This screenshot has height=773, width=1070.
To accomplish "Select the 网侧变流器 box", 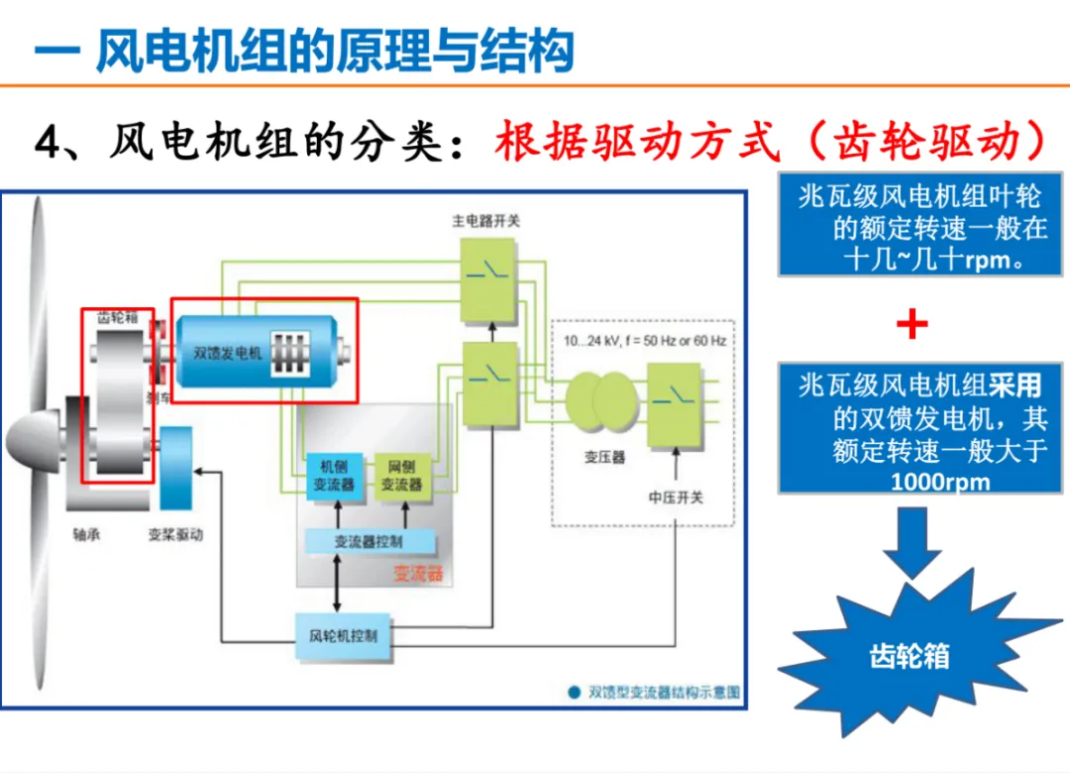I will coord(401,476).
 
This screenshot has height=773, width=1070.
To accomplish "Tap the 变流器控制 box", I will coord(369,542).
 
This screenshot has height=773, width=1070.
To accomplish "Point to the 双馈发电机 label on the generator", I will coord(228,352).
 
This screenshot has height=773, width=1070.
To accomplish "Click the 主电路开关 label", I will coord(485,220).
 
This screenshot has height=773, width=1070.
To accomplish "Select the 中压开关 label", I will coord(676,497).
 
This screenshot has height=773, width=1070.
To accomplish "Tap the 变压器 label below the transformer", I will coord(604,458).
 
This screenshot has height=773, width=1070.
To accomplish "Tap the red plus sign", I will coord(911,324).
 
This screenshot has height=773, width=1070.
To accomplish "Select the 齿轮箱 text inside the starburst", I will coord(909,655).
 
